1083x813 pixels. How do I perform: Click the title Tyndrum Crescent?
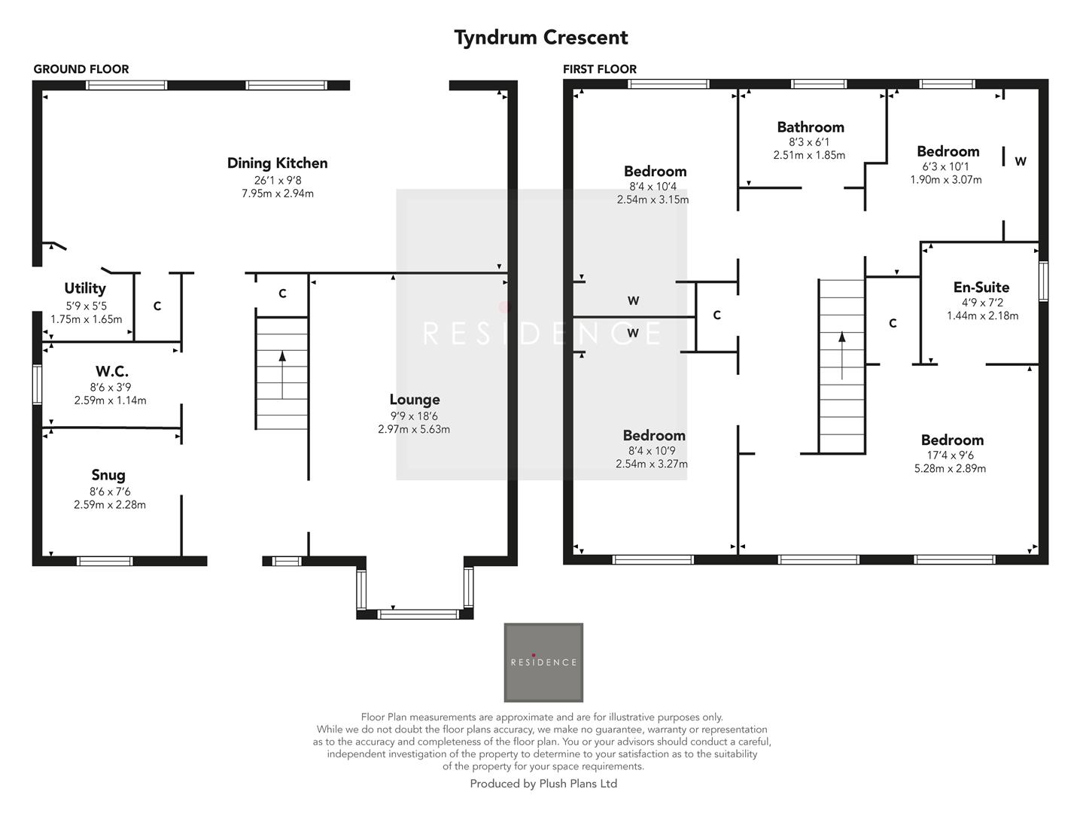pyautogui.click(x=540, y=38)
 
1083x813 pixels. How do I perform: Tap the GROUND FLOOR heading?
pyautogui.click(x=81, y=69)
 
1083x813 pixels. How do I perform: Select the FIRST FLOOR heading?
pyautogui.click(x=600, y=69)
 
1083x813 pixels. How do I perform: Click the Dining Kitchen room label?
pyautogui.click(x=277, y=163)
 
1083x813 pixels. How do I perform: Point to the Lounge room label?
pyautogui.click(x=415, y=400)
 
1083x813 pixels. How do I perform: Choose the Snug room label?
pyautogui.click(x=108, y=475)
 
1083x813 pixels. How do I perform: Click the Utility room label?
pyautogui.click(x=85, y=288)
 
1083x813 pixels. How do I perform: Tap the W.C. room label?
pyautogui.click(x=111, y=372)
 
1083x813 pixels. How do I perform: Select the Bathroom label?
pyautogui.click(x=811, y=127)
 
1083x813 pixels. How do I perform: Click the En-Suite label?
pyautogui.click(x=981, y=288)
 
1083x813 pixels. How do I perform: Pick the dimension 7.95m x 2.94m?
pyautogui.click(x=277, y=193)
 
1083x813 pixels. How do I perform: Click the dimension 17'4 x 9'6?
pyautogui.click(x=952, y=455)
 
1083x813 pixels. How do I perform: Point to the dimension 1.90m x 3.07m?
pyautogui.click(x=946, y=180)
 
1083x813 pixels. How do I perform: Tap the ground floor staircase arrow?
pyautogui.click(x=282, y=373)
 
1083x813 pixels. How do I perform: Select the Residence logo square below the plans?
pyautogui.click(x=543, y=662)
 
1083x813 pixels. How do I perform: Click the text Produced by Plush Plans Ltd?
pyautogui.click(x=543, y=784)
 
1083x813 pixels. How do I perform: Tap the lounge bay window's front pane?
pyautogui.click(x=418, y=614)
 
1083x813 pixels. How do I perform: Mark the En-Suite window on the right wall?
pyautogui.click(x=1043, y=282)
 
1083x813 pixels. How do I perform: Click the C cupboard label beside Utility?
pyautogui.click(x=157, y=306)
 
